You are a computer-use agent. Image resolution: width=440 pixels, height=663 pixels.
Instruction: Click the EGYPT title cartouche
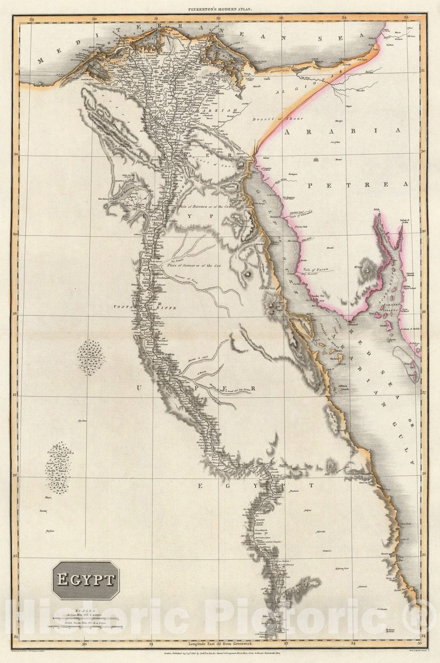(x=85, y=580)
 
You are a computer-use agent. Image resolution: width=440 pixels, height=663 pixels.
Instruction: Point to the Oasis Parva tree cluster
(x=91, y=357)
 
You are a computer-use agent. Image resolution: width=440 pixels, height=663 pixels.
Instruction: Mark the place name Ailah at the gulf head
(x=376, y=210)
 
